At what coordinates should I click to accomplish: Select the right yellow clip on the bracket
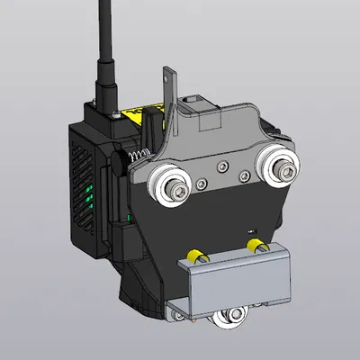(x=255, y=245)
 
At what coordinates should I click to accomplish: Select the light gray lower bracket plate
(x=238, y=279)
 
